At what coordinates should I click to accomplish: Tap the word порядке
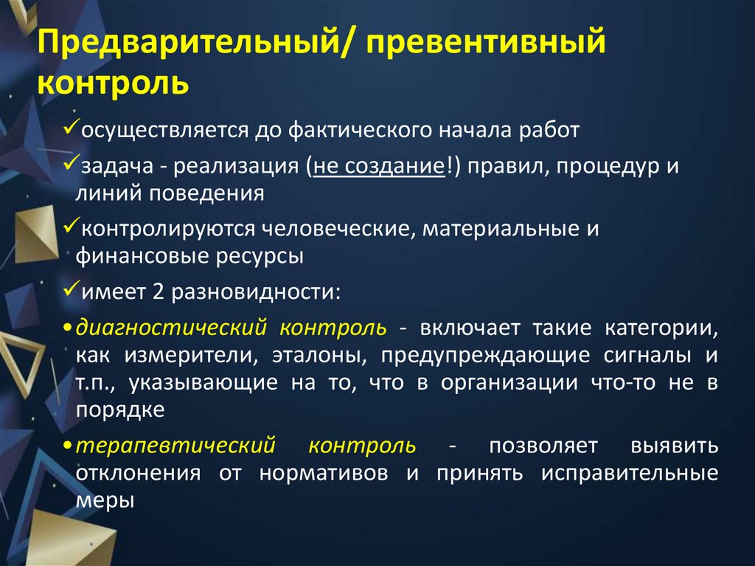pyautogui.click(x=119, y=410)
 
